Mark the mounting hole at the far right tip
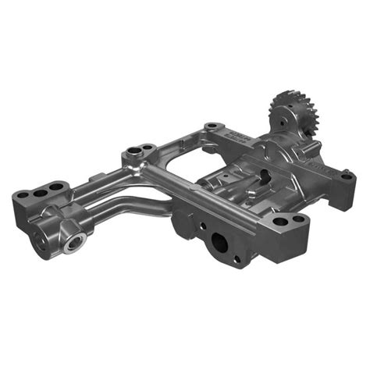click(346, 176)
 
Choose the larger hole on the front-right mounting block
click(280, 222)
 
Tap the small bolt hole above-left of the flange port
click(200, 228)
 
